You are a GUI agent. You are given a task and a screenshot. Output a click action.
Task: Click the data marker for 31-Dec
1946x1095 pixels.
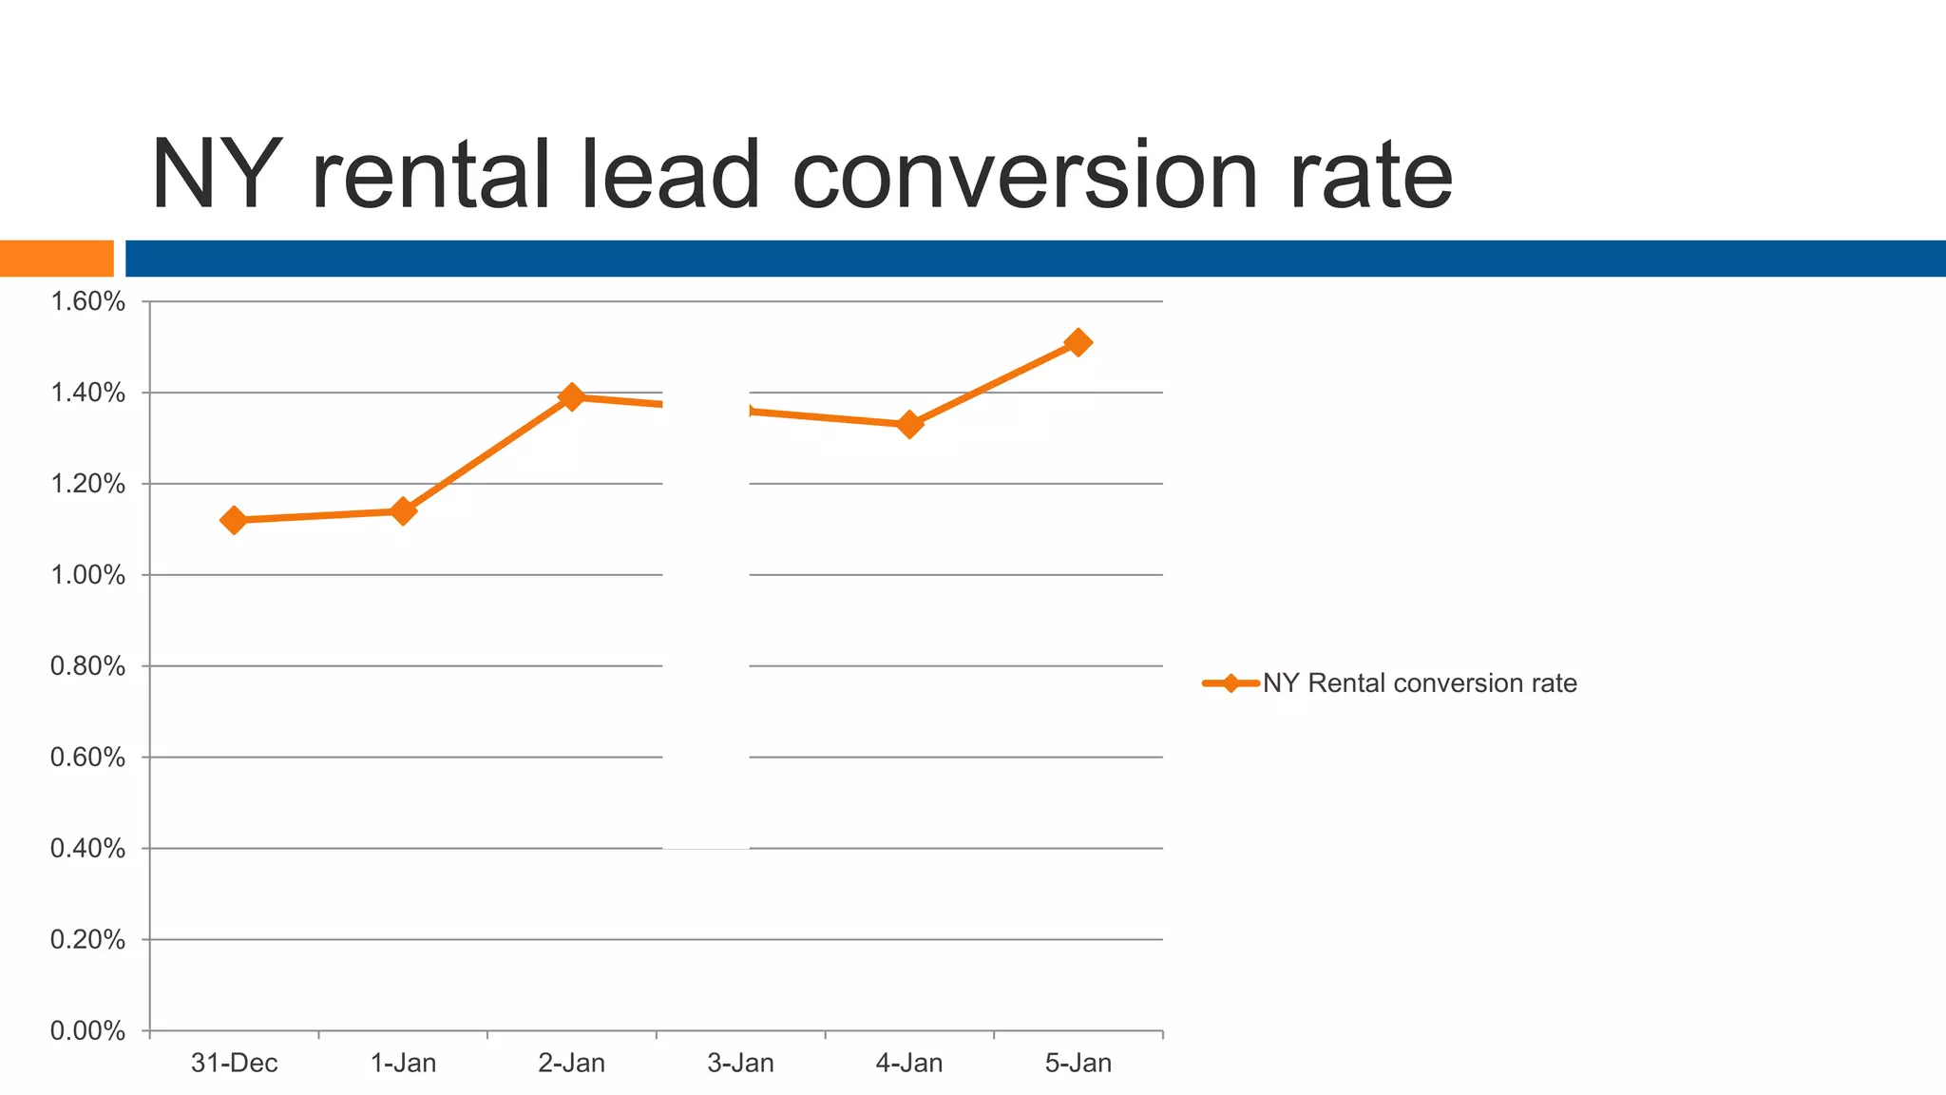pos(234,520)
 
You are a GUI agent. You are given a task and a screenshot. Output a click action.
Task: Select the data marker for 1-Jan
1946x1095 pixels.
pos(403,511)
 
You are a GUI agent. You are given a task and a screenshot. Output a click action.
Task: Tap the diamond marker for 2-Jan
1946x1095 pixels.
pos(571,396)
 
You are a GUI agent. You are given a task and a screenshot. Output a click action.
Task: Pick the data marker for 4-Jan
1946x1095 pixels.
pos(909,424)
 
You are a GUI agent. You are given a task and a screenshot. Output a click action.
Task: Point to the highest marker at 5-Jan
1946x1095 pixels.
pos(1078,342)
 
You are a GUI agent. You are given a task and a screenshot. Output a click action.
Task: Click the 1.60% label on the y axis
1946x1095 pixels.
pos(87,302)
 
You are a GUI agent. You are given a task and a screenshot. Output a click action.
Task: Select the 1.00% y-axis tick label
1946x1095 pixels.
pos(87,575)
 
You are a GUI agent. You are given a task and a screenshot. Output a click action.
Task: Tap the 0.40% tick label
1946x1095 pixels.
pos(87,849)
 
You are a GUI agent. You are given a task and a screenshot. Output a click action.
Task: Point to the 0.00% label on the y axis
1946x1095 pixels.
pos(87,1031)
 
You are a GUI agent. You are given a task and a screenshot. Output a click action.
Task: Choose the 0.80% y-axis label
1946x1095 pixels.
pos(87,666)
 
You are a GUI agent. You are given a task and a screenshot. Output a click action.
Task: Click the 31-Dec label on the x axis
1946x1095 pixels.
pos(234,1063)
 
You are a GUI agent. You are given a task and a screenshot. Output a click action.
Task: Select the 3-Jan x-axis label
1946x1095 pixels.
pos(740,1063)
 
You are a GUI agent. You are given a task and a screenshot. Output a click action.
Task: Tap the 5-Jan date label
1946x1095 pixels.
pos(1078,1063)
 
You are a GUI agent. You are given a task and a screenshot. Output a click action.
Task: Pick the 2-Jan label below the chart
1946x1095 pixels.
pos(571,1063)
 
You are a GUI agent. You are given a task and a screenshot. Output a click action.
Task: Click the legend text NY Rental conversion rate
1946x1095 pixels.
pos(1420,683)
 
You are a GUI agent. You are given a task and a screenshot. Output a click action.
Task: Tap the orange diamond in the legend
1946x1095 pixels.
pos(1231,683)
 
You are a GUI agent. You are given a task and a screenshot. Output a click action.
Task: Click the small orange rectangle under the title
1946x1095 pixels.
pos(56,259)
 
